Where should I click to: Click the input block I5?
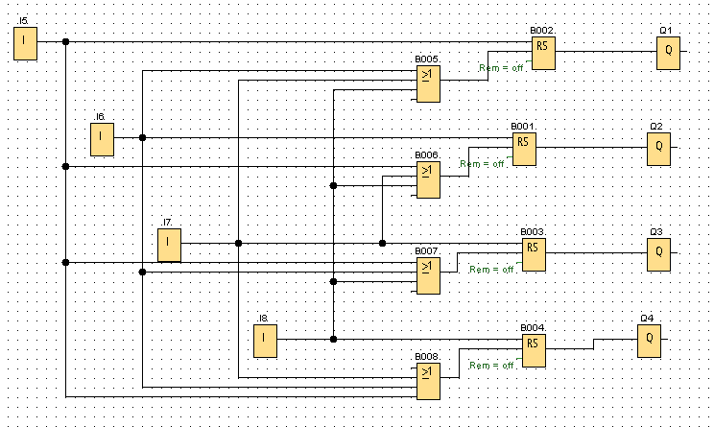click(x=25, y=43)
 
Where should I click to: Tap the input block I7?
click(x=169, y=245)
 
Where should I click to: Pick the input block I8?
click(x=266, y=340)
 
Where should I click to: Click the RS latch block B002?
click(x=544, y=53)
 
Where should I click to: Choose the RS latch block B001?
click(x=524, y=149)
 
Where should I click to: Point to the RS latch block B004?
click(x=535, y=350)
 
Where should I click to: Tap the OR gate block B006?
click(x=428, y=178)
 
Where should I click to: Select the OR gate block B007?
click(x=428, y=273)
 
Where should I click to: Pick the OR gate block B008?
click(x=428, y=379)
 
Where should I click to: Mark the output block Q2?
click(x=658, y=149)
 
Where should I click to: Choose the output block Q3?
click(x=658, y=253)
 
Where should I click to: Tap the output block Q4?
click(x=649, y=341)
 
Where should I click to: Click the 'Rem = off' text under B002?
click(x=501, y=67)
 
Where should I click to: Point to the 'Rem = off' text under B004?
click(x=491, y=366)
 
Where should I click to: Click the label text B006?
click(x=427, y=154)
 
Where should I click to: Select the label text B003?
click(x=533, y=231)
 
